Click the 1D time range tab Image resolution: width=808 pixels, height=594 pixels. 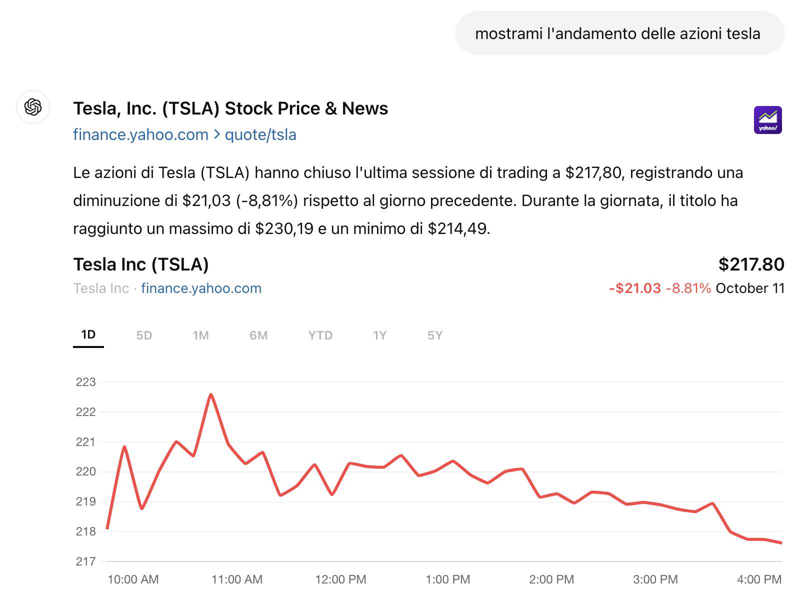click(88, 334)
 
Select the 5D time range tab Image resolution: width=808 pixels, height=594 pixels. click(144, 335)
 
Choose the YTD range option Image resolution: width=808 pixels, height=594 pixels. click(320, 335)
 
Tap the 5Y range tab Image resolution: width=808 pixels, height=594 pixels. click(435, 335)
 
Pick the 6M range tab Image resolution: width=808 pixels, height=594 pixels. click(258, 335)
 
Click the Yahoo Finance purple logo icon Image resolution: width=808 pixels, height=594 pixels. click(767, 120)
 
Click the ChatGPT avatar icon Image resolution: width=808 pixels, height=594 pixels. click(33, 107)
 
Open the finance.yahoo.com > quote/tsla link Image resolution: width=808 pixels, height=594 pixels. click(184, 134)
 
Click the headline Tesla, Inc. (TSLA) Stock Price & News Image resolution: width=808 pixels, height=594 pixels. click(230, 108)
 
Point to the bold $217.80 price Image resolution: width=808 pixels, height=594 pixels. click(751, 264)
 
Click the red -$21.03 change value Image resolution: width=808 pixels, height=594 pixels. click(635, 288)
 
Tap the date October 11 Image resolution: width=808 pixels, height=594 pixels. click(749, 288)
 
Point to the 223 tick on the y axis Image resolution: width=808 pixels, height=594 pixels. click(85, 382)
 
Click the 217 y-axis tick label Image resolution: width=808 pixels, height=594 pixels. click(85, 561)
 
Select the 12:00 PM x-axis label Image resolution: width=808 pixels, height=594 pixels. click(340, 579)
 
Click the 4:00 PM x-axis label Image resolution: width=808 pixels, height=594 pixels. click(759, 579)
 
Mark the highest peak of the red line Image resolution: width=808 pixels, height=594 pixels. click(211, 394)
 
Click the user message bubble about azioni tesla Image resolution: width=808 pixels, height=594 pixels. click(619, 33)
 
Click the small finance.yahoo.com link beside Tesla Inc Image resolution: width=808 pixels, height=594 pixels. click(201, 288)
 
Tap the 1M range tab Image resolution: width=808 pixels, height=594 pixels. click(200, 335)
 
